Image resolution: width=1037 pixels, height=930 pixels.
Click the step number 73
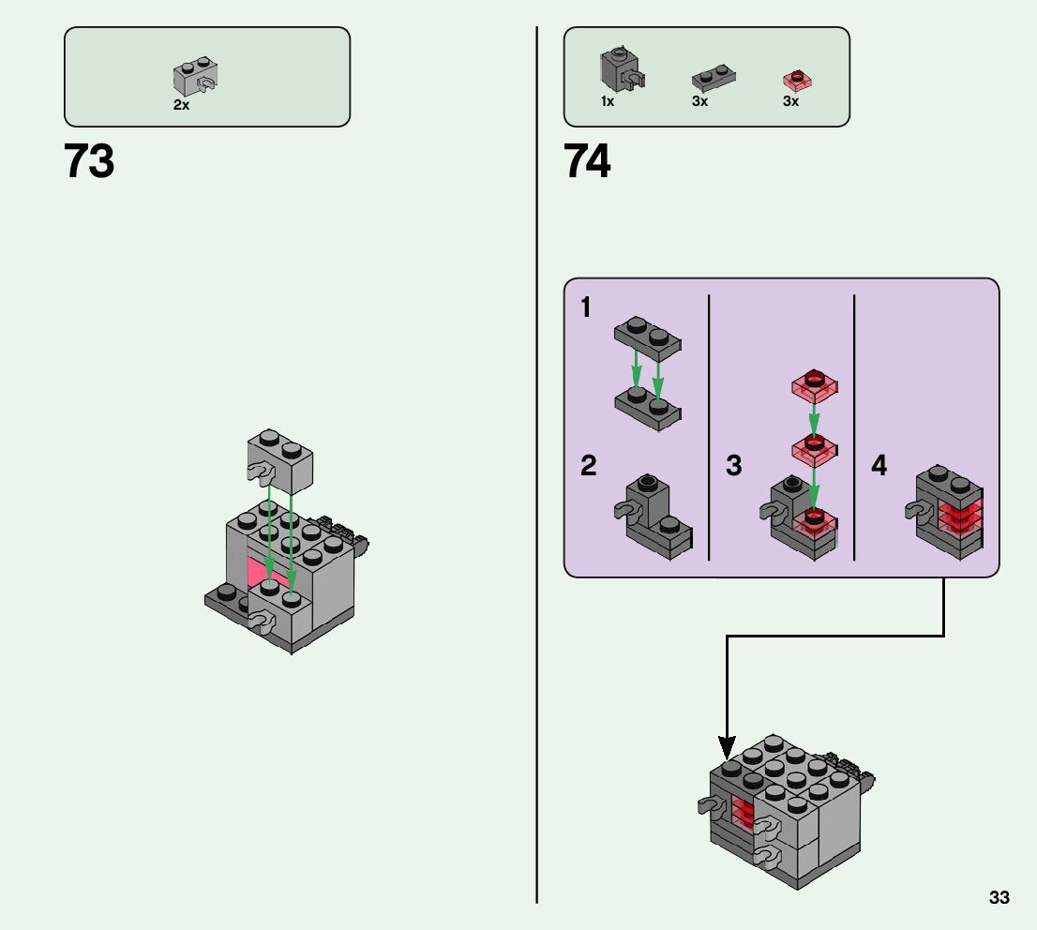[89, 161]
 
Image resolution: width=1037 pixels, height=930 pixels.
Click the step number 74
[588, 161]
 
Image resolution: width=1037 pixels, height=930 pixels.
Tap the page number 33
[999, 898]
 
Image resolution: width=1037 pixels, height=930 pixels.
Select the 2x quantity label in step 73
[181, 106]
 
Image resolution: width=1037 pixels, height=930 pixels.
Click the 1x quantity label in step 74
[608, 102]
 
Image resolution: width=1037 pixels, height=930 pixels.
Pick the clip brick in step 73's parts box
[196, 78]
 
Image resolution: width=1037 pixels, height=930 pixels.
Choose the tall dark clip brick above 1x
[619, 68]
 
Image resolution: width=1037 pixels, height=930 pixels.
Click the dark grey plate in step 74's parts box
[713, 80]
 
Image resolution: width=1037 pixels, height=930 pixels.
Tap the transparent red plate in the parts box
[797, 81]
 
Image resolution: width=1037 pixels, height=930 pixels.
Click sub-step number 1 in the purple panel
[586, 307]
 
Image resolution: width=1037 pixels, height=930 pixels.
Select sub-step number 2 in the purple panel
[588, 465]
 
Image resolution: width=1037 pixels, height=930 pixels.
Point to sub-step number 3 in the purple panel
[733, 465]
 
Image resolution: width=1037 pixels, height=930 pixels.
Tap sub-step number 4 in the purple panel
[879, 465]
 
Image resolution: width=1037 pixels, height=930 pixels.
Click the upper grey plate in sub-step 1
[648, 338]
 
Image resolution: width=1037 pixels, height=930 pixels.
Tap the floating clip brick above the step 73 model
[278, 461]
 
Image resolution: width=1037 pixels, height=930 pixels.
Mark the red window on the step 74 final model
[743, 813]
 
